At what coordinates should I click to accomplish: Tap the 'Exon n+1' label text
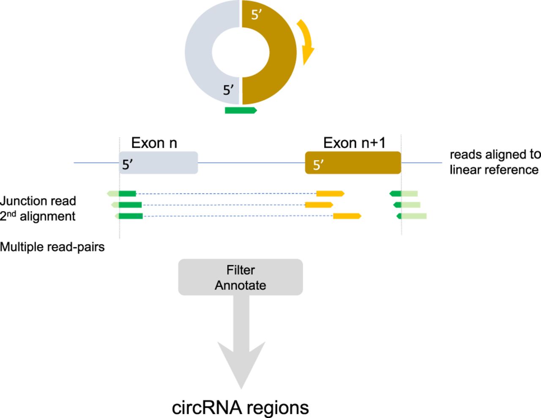click(x=354, y=143)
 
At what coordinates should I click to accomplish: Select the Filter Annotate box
click(x=240, y=277)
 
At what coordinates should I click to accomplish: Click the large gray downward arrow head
click(x=241, y=364)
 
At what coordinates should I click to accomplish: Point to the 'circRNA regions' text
click(x=240, y=407)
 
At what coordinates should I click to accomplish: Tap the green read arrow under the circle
click(x=240, y=110)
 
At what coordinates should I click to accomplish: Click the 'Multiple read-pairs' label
click(x=52, y=247)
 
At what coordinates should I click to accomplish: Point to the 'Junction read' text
click(x=38, y=201)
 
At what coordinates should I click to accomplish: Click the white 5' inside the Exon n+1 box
click(x=318, y=165)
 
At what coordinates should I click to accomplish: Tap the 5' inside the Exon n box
click(x=128, y=165)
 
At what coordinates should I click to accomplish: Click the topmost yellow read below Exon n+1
click(x=330, y=194)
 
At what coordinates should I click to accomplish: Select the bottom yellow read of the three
click(x=347, y=216)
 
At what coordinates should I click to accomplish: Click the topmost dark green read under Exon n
click(x=127, y=194)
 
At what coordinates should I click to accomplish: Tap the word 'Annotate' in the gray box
click(x=240, y=286)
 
